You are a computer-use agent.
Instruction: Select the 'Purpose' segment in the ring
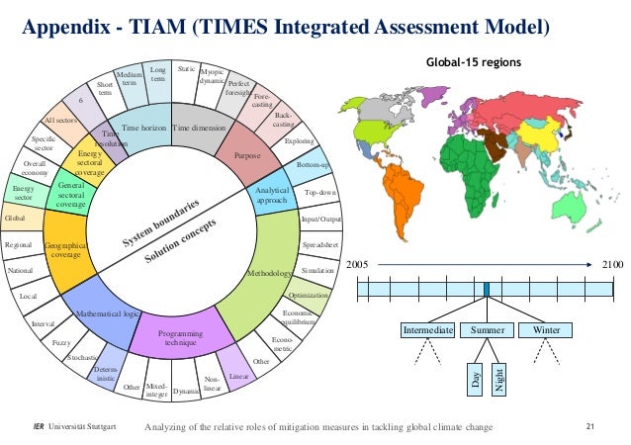246,155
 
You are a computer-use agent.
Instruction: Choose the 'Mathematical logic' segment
107,314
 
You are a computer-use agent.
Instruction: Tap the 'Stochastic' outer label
81,356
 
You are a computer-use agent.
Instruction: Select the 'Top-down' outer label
321,192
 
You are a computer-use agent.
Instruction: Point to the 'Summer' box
488,328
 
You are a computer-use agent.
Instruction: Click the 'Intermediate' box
427,328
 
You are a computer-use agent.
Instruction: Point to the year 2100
613,265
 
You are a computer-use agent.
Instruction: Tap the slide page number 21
590,426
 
